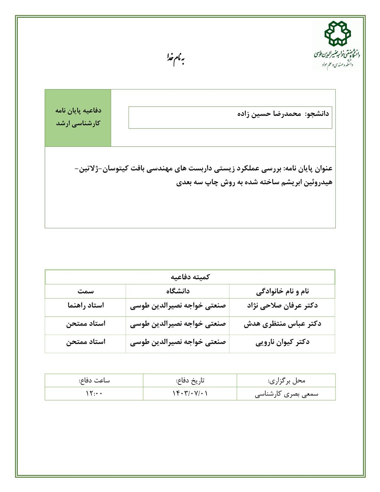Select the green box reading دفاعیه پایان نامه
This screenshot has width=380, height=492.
click(x=78, y=117)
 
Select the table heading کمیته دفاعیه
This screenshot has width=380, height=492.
click(x=190, y=277)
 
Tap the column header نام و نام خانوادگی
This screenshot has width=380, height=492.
click(x=282, y=291)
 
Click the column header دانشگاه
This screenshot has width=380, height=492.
click(x=178, y=291)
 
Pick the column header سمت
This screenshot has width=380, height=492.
click(x=85, y=291)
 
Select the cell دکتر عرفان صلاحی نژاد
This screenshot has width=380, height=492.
click(x=282, y=306)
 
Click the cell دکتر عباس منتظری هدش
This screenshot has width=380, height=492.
click(x=282, y=324)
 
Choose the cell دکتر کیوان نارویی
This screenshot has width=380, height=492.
click(x=282, y=342)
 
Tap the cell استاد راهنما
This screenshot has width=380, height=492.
click(x=85, y=306)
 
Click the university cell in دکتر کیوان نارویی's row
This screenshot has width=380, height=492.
click(x=178, y=342)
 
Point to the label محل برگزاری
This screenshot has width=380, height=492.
click(x=286, y=381)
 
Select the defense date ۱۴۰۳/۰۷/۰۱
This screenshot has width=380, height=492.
click(x=190, y=394)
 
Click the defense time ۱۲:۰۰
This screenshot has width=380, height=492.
click(x=94, y=394)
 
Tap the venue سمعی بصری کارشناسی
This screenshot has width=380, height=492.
click(x=286, y=394)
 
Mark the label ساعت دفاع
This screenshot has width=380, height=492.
click(x=94, y=381)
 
